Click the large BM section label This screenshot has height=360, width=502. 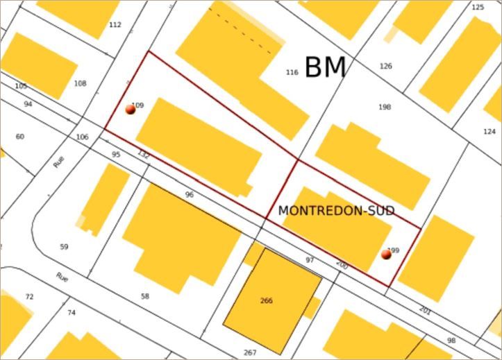tap(325, 67)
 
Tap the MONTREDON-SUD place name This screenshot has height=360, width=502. tap(336, 211)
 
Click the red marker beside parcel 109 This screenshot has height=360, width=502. tap(130, 109)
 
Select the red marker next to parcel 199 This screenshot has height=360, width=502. tap(386, 255)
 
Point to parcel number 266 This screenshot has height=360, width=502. tap(267, 300)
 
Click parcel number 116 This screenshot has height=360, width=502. tap(292, 72)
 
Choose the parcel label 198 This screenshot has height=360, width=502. tap(385, 107)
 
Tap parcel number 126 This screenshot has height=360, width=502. tap(386, 66)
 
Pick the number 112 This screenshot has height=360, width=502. tap(115, 25)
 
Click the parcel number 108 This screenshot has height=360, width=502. tap(80, 83)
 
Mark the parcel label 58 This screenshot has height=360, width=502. tap(145, 296)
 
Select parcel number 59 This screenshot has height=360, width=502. tap(65, 247)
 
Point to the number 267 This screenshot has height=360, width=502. tap(250, 352)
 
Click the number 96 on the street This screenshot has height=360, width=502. tap(190, 195)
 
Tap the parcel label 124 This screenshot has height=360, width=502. tap(490, 131)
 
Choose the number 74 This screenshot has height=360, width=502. tap(72, 313)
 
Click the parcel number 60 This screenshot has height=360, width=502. tap(19, 137)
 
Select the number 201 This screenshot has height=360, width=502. tap(425, 311)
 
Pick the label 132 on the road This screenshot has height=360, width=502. tap(143, 154)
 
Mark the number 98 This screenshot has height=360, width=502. tap(451, 341)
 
